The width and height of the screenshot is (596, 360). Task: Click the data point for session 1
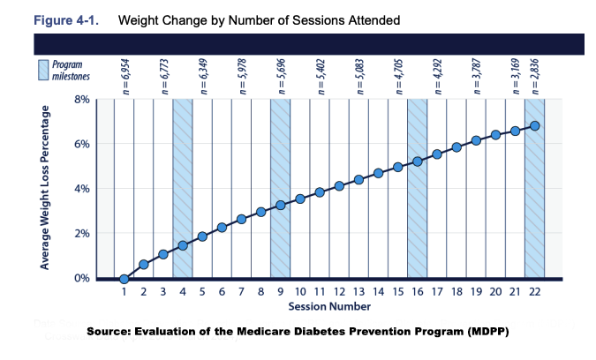pos(124,279)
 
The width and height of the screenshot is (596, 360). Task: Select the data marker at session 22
pos(534,125)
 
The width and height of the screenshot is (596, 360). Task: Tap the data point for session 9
pos(281,205)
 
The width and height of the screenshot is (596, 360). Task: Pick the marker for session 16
pos(418,161)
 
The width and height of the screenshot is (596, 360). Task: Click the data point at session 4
pos(183,245)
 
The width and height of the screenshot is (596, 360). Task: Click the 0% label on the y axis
pos(80,278)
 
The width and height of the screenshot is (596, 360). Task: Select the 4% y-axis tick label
pos(80,189)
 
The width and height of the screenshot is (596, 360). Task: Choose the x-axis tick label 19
pos(476,291)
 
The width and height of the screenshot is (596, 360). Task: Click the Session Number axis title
pos(328,306)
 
